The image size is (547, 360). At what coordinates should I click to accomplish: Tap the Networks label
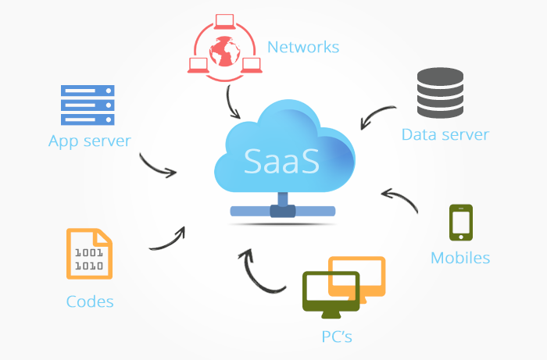pyautogui.click(x=303, y=47)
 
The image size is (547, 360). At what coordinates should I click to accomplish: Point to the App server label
pyautogui.click(x=89, y=141)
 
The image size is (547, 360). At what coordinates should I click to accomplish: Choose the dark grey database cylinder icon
pyautogui.click(x=440, y=92)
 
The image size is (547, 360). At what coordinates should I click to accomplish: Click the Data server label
pyautogui.click(x=445, y=134)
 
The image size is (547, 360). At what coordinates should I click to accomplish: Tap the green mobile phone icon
pyautogui.click(x=460, y=223)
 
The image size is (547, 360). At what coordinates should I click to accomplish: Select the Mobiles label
pyautogui.click(x=460, y=258)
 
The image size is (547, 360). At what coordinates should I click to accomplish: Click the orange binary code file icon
pyautogui.click(x=88, y=254)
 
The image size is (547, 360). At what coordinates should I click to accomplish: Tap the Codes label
pyautogui.click(x=90, y=301)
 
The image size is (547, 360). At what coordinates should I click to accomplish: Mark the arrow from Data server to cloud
pyautogui.click(x=378, y=116)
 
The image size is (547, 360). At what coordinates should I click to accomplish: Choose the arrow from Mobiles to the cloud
pyautogui.click(x=401, y=198)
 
